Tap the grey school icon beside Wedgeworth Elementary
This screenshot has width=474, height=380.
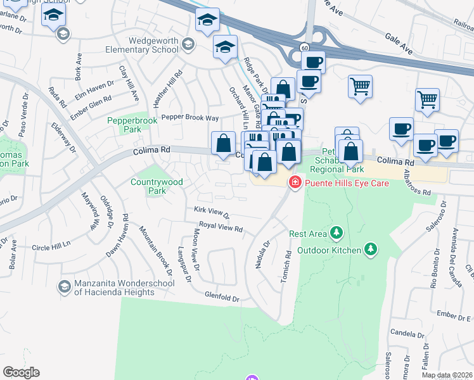point(188,44)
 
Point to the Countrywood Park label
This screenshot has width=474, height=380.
point(157,186)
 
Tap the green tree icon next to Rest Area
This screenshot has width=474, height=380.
point(336,234)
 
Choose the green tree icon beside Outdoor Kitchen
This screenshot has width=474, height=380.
point(371,250)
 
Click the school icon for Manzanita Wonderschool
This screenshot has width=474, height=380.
point(64,288)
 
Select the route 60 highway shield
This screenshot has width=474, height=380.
point(304,48)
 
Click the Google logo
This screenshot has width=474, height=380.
point(21,372)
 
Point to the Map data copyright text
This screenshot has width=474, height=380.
point(446,375)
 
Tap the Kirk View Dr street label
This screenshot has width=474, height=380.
point(212,212)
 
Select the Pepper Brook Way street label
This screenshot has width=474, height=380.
point(189,118)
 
